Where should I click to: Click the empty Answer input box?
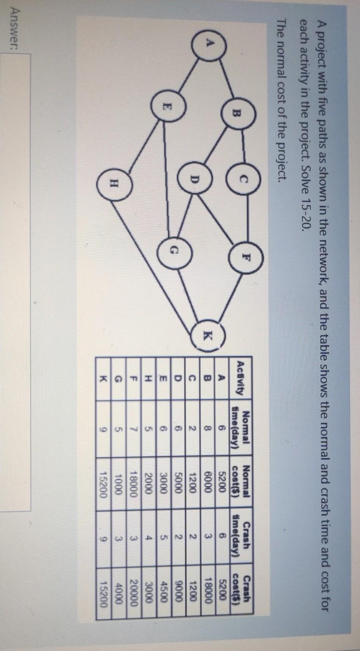click(15, 151)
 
